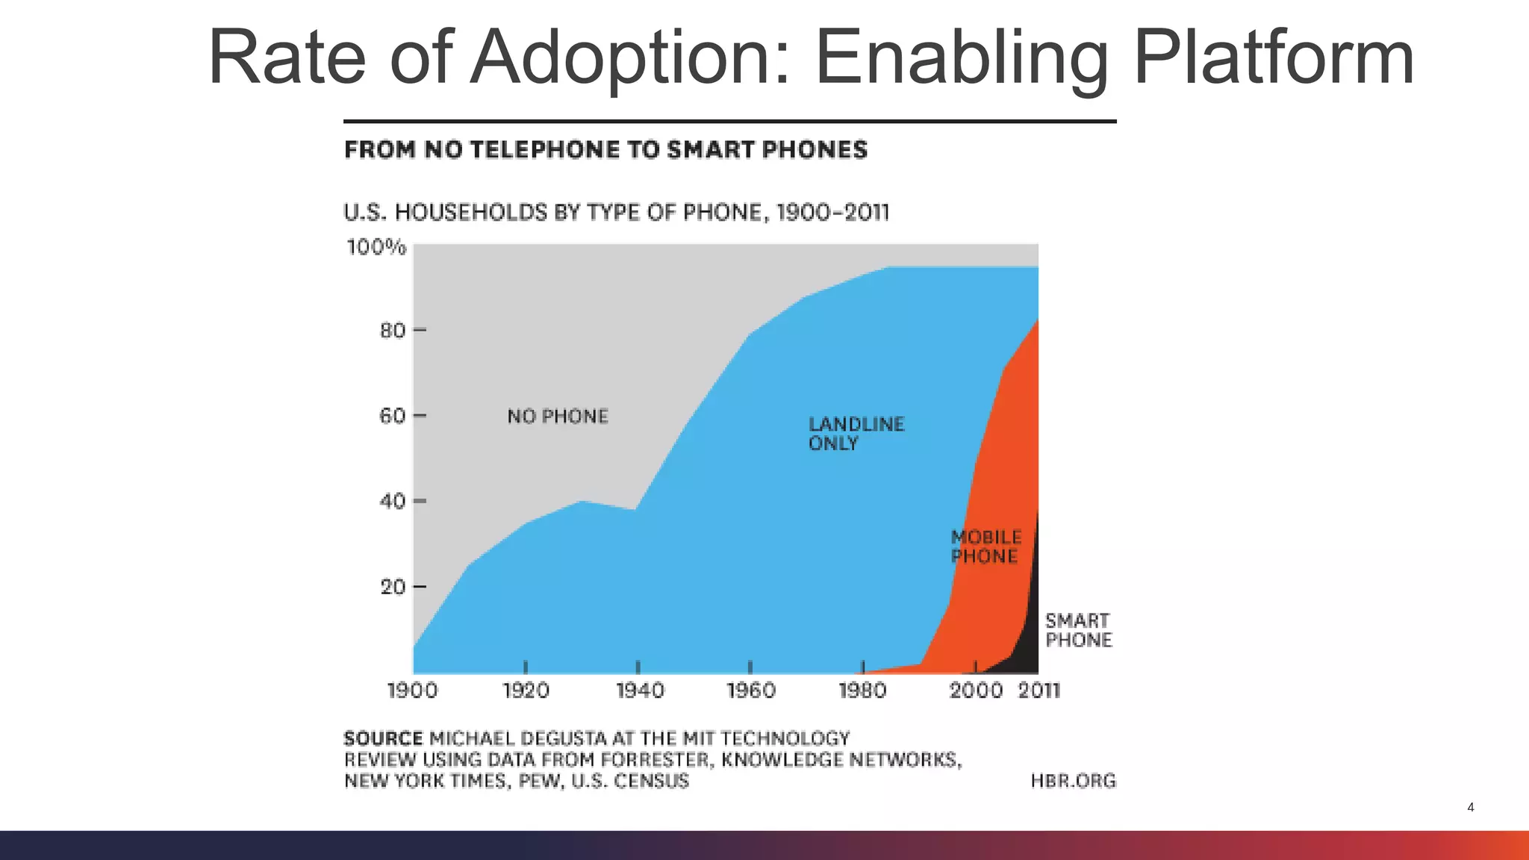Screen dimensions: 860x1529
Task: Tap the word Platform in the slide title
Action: click(1273, 58)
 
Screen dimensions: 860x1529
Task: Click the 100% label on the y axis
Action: click(376, 247)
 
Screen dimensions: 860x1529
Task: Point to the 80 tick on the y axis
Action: click(393, 330)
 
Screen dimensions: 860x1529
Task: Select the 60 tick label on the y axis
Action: click(393, 416)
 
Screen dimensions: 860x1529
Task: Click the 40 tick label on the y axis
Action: click(393, 501)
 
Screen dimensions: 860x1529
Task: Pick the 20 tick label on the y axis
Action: click(393, 587)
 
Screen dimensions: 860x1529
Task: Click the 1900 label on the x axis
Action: click(412, 691)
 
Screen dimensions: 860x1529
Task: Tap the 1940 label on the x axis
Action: click(640, 691)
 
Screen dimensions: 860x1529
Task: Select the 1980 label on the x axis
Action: click(862, 691)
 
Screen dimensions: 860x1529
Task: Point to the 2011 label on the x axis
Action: click(1039, 691)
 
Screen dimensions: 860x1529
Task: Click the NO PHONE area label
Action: click(558, 417)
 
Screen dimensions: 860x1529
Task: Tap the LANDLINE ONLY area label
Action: click(856, 434)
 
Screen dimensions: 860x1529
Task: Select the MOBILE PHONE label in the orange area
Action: click(985, 546)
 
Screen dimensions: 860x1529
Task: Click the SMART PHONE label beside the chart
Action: click(1078, 630)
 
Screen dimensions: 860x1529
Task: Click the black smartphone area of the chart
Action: click(1030, 635)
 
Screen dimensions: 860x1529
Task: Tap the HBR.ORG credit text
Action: click(1073, 781)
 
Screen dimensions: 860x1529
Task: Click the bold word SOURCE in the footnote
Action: click(383, 739)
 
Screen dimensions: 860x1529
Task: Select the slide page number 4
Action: click(1470, 807)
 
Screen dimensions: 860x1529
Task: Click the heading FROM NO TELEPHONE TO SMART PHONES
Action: click(605, 150)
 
